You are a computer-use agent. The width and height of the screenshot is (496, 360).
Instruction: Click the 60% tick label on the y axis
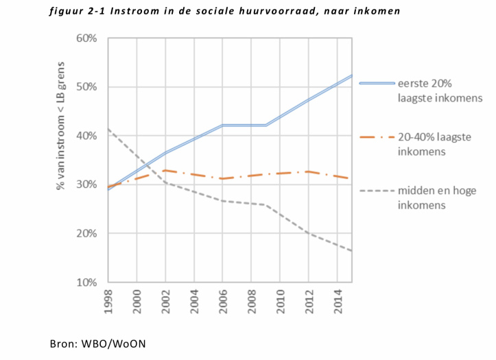point(87,38)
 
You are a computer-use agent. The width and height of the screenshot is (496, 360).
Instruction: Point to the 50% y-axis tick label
point(87,87)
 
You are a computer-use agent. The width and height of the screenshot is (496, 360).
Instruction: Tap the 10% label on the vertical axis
point(87,283)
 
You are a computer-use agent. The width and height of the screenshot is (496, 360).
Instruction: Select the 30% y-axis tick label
point(87,184)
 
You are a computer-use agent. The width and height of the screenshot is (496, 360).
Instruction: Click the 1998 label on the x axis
point(108,301)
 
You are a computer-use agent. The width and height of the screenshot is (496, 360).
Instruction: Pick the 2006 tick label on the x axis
point(223,301)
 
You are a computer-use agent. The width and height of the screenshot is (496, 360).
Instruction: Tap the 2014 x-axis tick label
point(338,301)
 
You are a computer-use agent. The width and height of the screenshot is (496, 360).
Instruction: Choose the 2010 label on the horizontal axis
point(281,301)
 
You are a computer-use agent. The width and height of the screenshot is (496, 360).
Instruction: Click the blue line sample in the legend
point(375,84)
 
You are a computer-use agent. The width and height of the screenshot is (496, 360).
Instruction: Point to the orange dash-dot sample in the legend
point(375,137)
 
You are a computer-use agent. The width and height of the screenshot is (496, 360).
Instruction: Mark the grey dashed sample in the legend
point(375,191)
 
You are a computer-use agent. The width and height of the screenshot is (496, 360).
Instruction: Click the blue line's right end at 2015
point(352,75)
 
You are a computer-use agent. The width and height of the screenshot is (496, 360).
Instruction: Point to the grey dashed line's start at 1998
point(108,129)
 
